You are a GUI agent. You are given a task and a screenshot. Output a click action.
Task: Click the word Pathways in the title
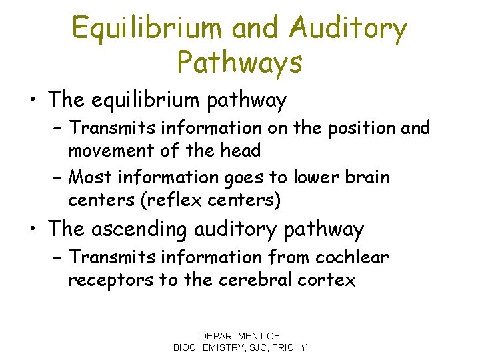click(239, 63)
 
